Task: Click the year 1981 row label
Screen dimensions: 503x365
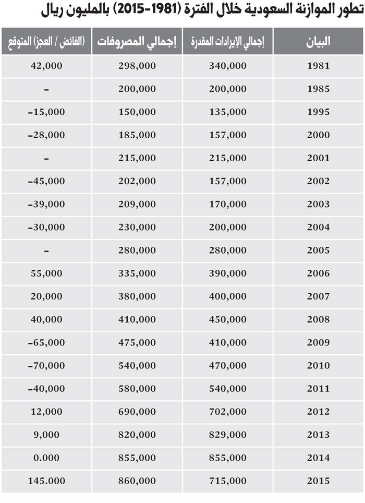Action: [319, 66]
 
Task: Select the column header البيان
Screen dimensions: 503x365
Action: [319, 42]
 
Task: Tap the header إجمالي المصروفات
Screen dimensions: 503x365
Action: [137, 42]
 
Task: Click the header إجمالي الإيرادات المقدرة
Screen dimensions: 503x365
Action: [228, 42]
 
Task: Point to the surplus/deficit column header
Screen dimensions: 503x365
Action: [46, 42]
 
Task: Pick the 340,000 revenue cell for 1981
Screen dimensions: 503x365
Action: [228, 66]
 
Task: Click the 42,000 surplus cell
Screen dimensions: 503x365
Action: [46, 66]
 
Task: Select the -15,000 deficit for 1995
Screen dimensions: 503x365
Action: [46, 112]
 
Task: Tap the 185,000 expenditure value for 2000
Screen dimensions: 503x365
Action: [137, 135]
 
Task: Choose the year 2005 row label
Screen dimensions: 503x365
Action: [319, 250]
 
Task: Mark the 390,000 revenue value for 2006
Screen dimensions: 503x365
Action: [228, 273]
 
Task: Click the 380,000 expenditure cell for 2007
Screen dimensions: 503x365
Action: [137, 296]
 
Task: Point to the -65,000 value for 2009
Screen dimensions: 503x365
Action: [46, 342]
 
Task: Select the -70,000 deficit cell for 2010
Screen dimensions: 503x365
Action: [46, 365]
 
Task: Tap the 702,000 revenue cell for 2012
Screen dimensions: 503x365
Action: [228, 412]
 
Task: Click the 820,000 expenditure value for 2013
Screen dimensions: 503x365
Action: [137, 435]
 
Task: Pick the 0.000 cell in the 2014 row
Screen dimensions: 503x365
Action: [46, 458]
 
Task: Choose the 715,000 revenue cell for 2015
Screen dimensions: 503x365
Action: [228, 481]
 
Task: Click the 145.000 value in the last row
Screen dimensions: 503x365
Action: [46, 481]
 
